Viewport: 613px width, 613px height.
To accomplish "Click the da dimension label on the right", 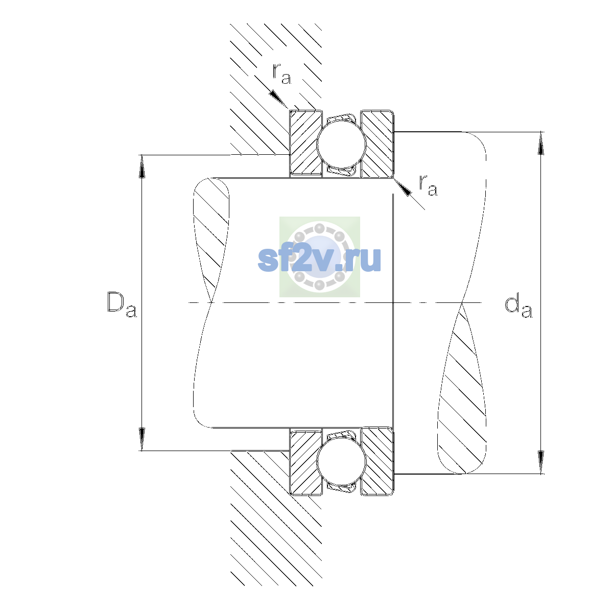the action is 518,306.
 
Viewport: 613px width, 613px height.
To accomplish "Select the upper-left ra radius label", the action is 281,74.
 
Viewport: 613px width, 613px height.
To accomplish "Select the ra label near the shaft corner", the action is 428,185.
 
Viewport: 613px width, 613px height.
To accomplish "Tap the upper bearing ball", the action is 341,144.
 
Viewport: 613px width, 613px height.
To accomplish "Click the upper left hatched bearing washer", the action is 305,143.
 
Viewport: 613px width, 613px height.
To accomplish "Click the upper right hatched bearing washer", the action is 377,144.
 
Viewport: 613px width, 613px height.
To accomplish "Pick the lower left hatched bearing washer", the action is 305,461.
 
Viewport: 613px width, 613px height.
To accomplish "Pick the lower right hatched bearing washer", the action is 377,461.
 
